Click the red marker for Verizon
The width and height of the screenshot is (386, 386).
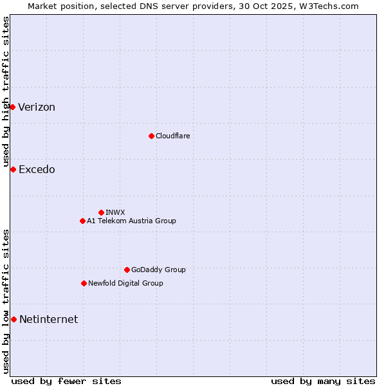pyautogui.click(x=12, y=107)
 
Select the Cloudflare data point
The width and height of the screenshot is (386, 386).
pyautogui.click(x=151, y=136)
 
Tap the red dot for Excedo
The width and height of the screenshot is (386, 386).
pyautogui.click(x=13, y=169)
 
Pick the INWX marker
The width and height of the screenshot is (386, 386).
pyautogui.click(x=101, y=212)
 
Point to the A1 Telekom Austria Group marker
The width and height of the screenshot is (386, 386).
pyautogui.click(x=82, y=221)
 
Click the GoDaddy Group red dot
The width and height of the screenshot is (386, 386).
pyautogui.click(x=127, y=270)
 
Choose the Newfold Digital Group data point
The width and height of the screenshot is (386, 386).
pyautogui.click(x=84, y=283)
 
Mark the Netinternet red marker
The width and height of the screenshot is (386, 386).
pyautogui.click(x=14, y=319)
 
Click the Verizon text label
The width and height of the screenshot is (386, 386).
pyautogui.click(x=37, y=107)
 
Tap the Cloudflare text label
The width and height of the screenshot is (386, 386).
pyautogui.click(x=172, y=136)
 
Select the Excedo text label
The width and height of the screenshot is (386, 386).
pyautogui.click(x=37, y=170)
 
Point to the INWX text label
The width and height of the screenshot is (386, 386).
pyautogui.click(x=115, y=212)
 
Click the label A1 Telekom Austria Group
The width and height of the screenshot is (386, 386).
pyautogui.click(x=131, y=221)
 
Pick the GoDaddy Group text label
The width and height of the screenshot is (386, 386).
pyautogui.click(x=158, y=270)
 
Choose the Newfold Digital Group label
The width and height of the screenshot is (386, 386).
pyautogui.click(x=125, y=283)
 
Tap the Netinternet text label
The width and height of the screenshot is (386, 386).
pyautogui.click(x=48, y=320)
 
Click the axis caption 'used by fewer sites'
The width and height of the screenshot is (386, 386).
pyautogui.click(x=66, y=381)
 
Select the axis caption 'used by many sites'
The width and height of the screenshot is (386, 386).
pyautogui.click(x=323, y=381)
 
